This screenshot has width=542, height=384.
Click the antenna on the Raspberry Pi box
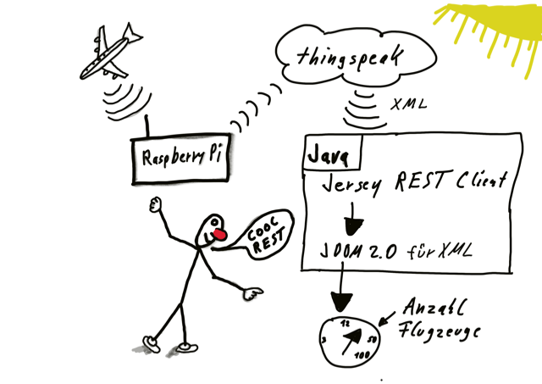point(147,126)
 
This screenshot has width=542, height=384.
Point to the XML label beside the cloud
point(408,103)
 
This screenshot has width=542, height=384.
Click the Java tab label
point(329,154)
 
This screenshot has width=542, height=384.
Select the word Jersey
point(352,185)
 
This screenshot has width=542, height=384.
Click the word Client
point(482,180)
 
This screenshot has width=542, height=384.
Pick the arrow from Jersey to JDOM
point(352,219)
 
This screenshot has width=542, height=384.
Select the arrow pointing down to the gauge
point(341,287)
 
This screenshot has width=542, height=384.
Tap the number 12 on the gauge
point(345,324)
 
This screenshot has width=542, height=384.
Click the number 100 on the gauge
point(362,355)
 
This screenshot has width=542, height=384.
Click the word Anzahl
point(434,307)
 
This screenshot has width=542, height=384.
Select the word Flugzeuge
point(439,331)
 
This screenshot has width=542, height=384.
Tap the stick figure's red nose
point(219,234)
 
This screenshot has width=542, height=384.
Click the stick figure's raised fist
point(156,204)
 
